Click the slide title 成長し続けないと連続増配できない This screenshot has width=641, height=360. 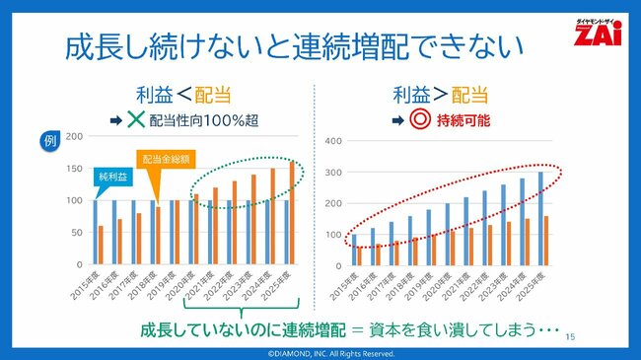click(x=291, y=46)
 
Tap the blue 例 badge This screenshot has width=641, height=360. click(x=52, y=141)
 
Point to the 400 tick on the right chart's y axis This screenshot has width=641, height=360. click(x=332, y=141)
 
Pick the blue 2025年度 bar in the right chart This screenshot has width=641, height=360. click(x=540, y=218)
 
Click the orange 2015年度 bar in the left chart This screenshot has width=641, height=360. click(x=101, y=246)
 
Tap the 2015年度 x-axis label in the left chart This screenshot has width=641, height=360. click(x=87, y=284)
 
